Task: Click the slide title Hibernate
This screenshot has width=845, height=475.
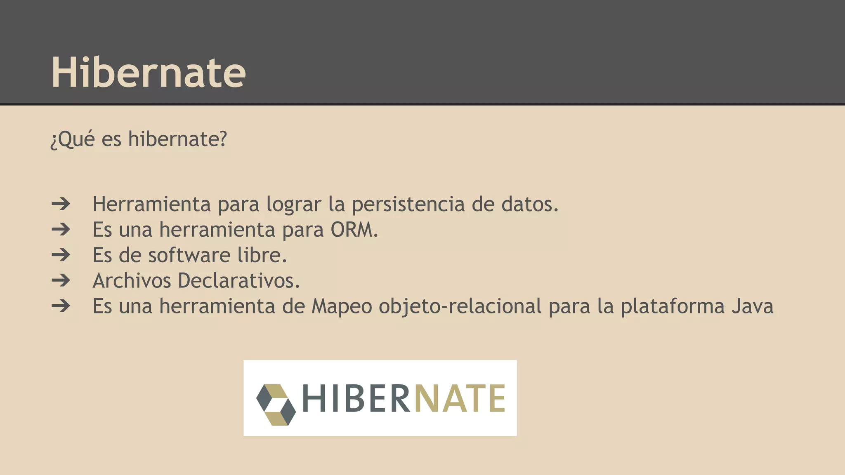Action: [x=149, y=73]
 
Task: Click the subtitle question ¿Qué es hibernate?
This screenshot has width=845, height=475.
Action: [x=139, y=139]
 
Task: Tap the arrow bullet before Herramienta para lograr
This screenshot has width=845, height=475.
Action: [x=61, y=204]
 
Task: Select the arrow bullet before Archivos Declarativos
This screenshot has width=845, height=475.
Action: [x=61, y=280]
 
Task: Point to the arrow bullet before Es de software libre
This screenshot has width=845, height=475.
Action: [x=61, y=255]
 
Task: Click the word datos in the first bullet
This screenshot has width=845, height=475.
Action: [x=530, y=204]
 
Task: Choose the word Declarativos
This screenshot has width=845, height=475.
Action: [x=238, y=281]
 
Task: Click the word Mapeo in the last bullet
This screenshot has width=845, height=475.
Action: [x=342, y=306]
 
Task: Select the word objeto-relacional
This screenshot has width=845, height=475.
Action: [x=460, y=306]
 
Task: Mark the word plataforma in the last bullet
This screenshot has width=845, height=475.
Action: [x=673, y=306]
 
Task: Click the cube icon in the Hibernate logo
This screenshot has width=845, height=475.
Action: [x=276, y=404]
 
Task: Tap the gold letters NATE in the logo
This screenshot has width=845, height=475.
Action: [x=459, y=398]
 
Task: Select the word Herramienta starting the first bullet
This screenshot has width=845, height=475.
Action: [x=151, y=204]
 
